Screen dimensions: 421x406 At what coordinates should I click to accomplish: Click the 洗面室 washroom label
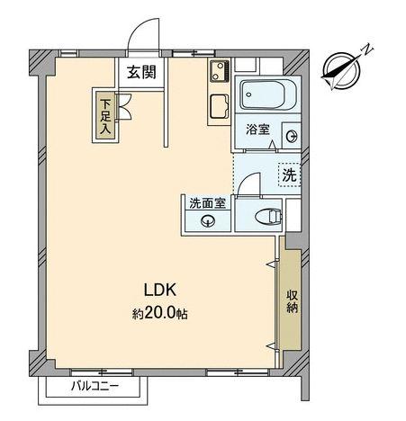pos(207,202)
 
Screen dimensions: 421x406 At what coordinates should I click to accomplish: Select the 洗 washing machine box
pos(288,175)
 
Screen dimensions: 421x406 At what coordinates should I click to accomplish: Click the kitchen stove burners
pos(219,71)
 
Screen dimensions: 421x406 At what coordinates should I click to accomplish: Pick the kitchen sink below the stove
pos(219,105)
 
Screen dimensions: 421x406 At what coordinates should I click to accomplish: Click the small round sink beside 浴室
pos(291,136)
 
